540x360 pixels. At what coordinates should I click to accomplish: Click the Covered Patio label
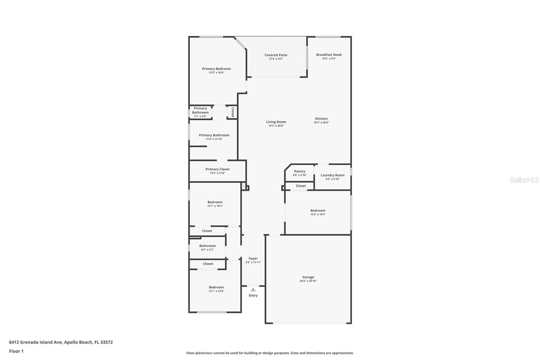[276, 55]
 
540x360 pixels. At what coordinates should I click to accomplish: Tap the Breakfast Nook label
[329, 55]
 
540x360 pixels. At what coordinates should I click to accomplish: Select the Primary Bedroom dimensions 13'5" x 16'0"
[216, 73]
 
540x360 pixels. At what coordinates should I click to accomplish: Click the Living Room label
[276, 122]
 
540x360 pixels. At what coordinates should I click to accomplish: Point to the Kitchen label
[321, 119]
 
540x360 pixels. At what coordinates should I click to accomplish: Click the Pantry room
[299, 173]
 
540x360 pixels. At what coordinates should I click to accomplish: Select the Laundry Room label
[332, 175]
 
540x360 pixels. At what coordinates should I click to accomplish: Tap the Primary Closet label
[217, 169]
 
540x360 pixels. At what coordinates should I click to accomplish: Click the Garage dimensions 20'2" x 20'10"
[308, 281]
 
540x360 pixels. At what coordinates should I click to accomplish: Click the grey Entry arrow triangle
[253, 289]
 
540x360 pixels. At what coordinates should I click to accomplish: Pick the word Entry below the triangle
[253, 295]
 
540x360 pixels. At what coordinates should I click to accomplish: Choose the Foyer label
[253, 258]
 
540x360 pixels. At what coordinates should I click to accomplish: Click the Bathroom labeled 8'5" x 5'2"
[207, 248]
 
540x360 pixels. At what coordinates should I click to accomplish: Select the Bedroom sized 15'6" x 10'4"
[318, 212]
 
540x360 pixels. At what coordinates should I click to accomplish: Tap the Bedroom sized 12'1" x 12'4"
[216, 289]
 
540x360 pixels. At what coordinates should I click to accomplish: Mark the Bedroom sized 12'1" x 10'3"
[215, 204]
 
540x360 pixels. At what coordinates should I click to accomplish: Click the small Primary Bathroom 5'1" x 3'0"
[200, 112]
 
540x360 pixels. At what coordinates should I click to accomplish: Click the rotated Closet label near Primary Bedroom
[233, 112]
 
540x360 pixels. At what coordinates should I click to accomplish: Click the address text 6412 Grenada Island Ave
[61, 342]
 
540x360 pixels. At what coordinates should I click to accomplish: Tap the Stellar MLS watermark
[524, 180]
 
